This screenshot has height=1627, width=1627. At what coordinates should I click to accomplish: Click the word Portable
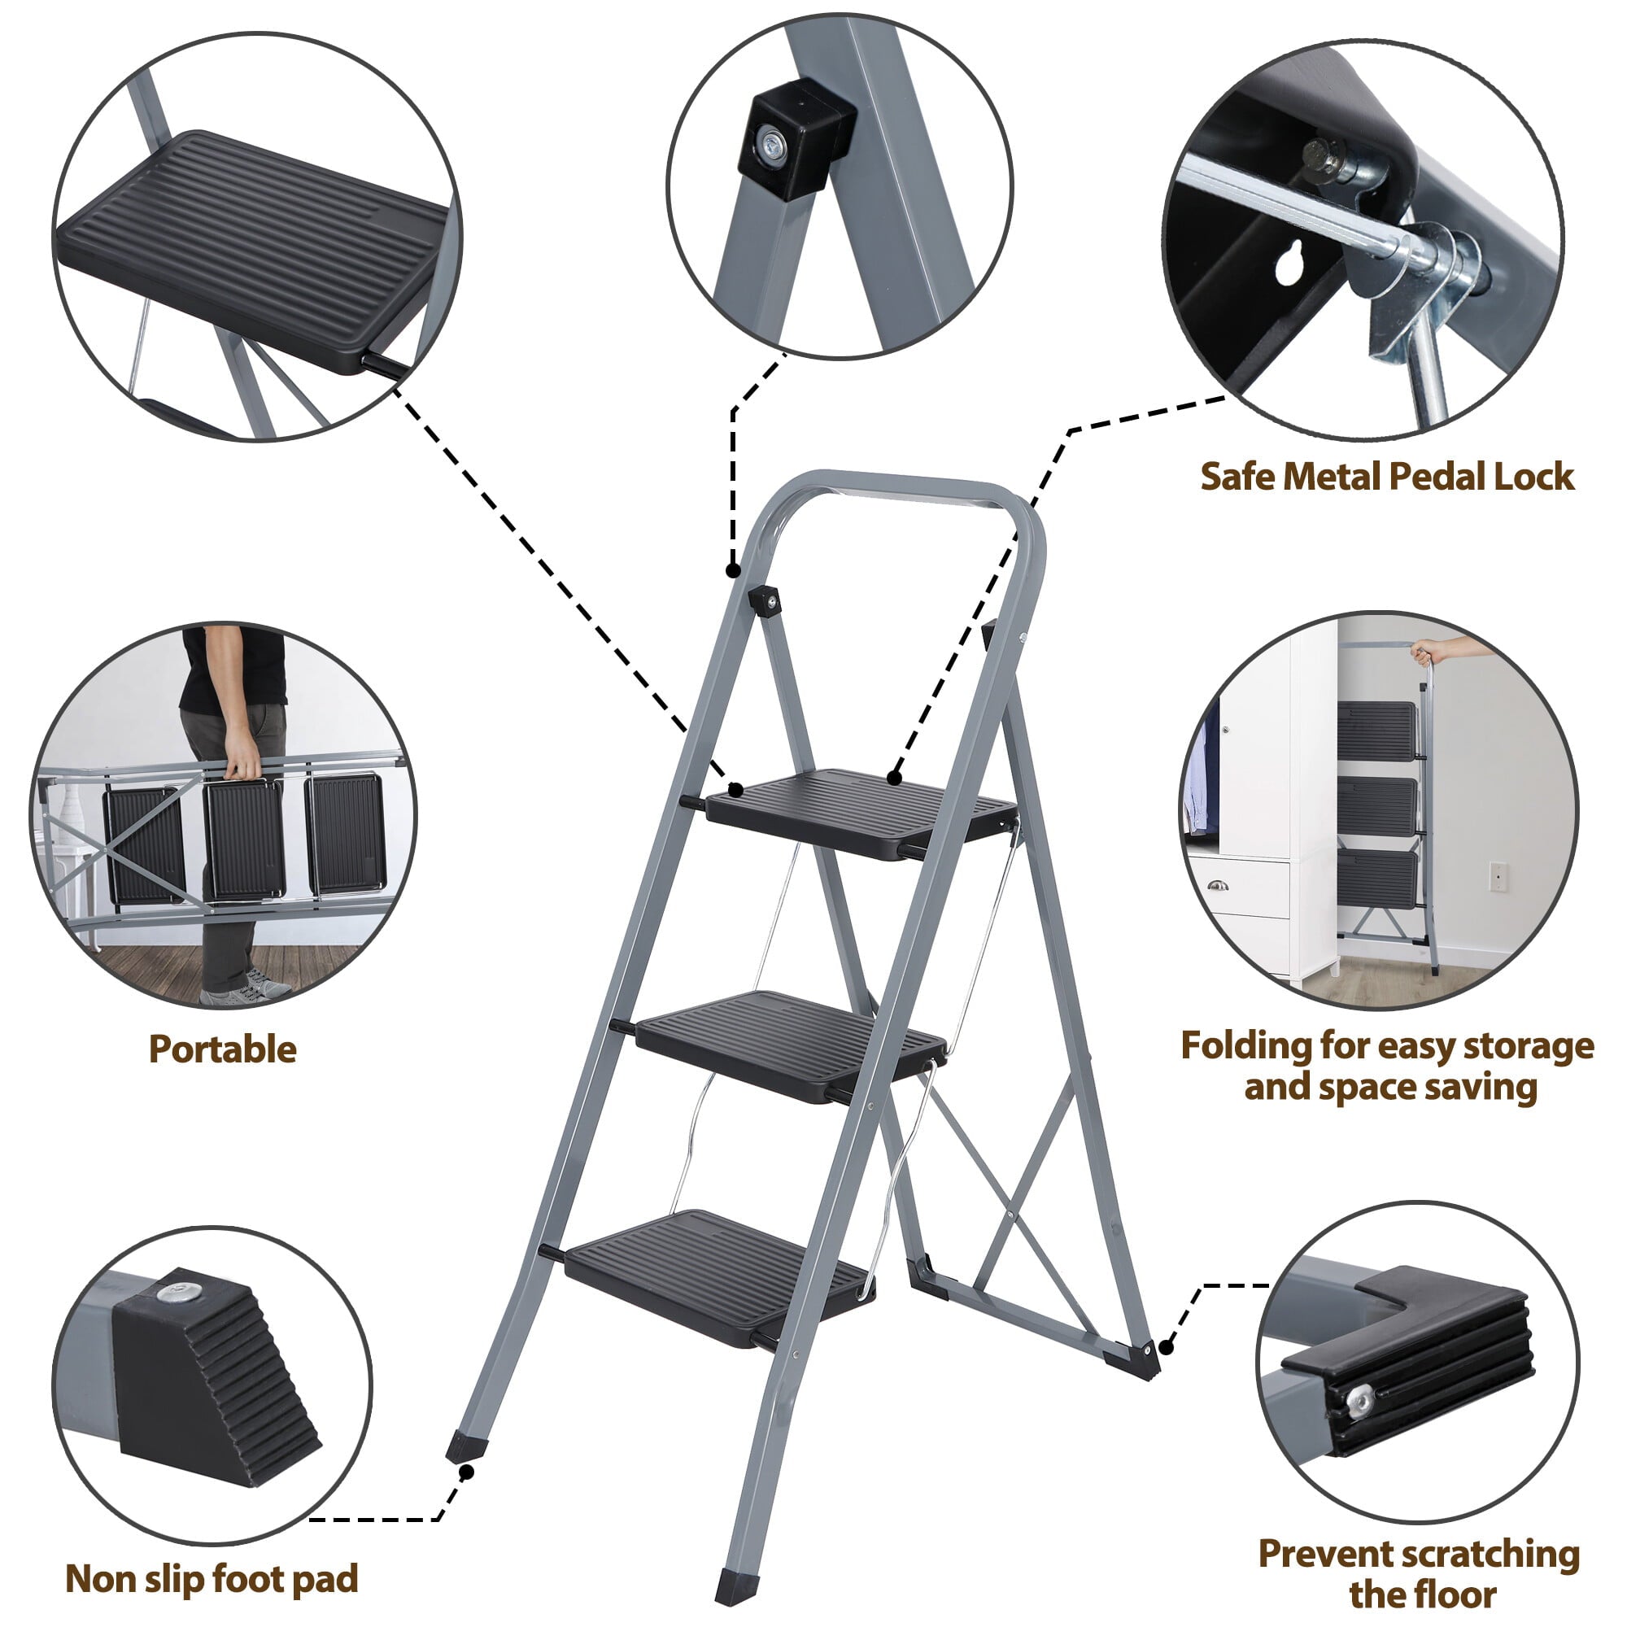pos(222,1050)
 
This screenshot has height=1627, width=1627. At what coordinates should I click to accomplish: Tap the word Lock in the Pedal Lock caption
pos(1533,477)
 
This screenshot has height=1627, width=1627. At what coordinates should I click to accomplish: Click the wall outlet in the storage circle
pos(1498,876)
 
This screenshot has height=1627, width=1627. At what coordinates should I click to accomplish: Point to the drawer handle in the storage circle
pos(1217,885)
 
